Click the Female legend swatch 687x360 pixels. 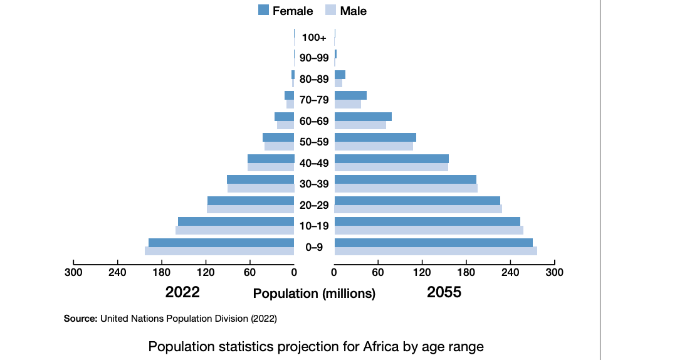tap(263, 9)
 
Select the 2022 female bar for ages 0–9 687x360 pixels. tap(221, 243)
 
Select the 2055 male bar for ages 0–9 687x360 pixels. tap(436, 251)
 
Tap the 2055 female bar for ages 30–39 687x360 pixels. tap(406, 179)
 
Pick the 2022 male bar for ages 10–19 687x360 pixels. tap(235, 230)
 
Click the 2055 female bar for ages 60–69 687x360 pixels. tap(363, 117)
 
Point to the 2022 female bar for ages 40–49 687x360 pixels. tap(271, 159)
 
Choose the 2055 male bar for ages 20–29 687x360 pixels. tap(418, 209)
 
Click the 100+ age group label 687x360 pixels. tap(314, 38)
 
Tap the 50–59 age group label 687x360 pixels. tap(314, 142)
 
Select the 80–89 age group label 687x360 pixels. tap(314, 79)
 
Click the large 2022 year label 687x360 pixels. tap(182, 292)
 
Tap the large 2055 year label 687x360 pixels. tap(444, 292)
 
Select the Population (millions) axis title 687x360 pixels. tap(314, 294)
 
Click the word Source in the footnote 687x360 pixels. tap(80, 319)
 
